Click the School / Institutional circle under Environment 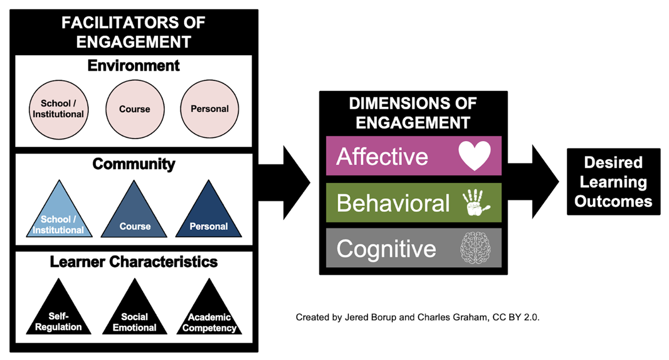click(x=58, y=109)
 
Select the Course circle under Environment click(x=135, y=109)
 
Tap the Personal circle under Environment click(x=210, y=109)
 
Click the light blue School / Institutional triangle click(x=58, y=217)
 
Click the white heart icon click(x=474, y=156)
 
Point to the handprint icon click(x=476, y=203)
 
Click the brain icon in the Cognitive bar click(x=474, y=248)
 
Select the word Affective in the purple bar click(x=382, y=156)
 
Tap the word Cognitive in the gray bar click(x=386, y=248)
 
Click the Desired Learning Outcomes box click(x=613, y=182)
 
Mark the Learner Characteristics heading click(x=134, y=262)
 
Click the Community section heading click(x=134, y=164)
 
